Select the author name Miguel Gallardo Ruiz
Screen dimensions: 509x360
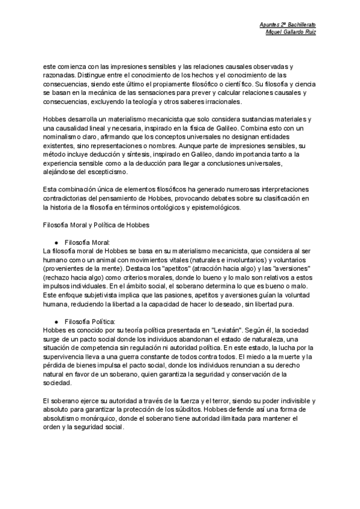tap(290, 31)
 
